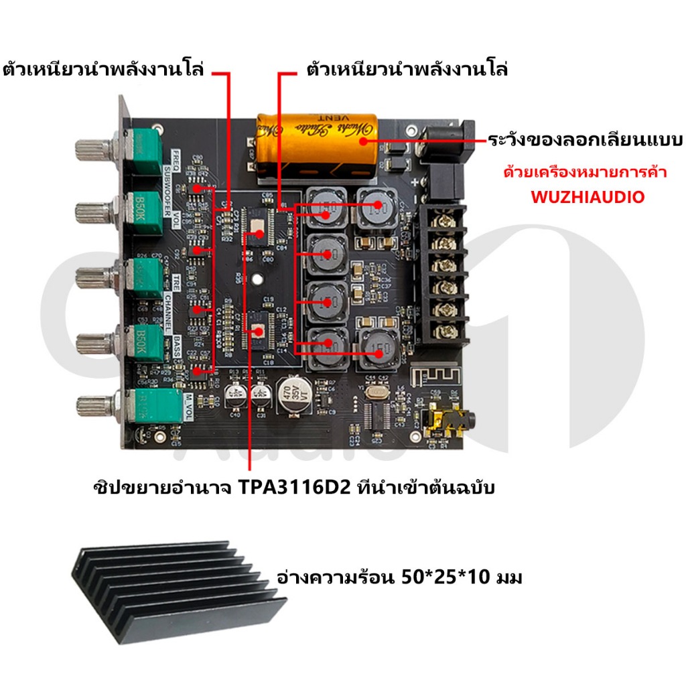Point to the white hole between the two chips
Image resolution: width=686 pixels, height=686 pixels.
[x=257, y=279]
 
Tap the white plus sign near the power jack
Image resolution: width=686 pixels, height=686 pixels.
[x=417, y=182]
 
